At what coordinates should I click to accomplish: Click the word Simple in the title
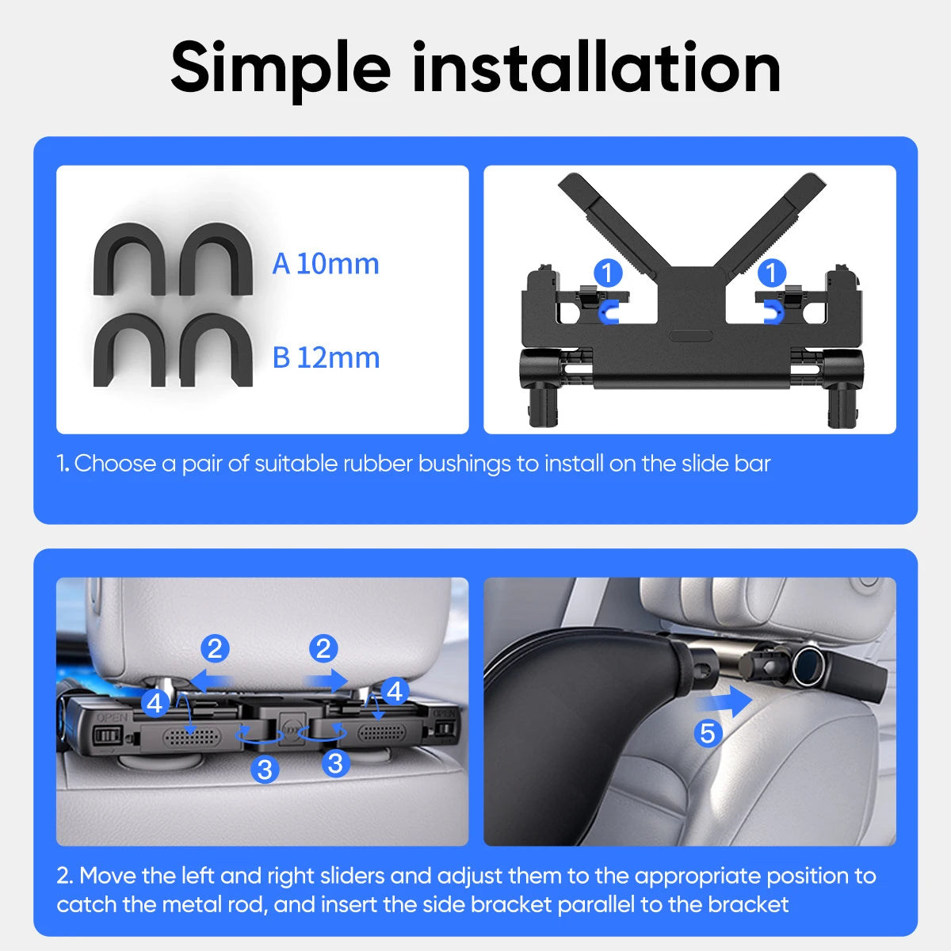pyautogui.click(x=281, y=68)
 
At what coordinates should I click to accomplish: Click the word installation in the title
pyautogui.click(x=596, y=68)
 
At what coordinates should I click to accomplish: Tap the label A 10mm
pyautogui.click(x=326, y=264)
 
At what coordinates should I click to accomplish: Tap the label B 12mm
pyautogui.click(x=326, y=357)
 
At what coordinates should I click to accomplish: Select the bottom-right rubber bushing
pyautogui.click(x=216, y=350)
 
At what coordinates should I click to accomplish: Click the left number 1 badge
pyautogui.click(x=608, y=273)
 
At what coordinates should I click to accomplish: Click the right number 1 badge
pyautogui.click(x=771, y=273)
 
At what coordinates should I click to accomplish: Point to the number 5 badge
pyautogui.click(x=708, y=733)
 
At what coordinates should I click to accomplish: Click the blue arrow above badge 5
pyautogui.click(x=725, y=701)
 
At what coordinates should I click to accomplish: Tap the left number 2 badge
pyautogui.click(x=215, y=649)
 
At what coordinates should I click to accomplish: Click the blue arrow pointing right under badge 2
pyautogui.click(x=327, y=680)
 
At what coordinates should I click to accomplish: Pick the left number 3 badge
pyautogui.click(x=265, y=768)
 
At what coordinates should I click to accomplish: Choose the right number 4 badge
pyautogui.click(x=394, y=691)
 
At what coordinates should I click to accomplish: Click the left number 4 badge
pyautogui.click(x=155, y=702)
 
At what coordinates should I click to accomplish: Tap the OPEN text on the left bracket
pyautogui.click(x=112, y=718)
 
